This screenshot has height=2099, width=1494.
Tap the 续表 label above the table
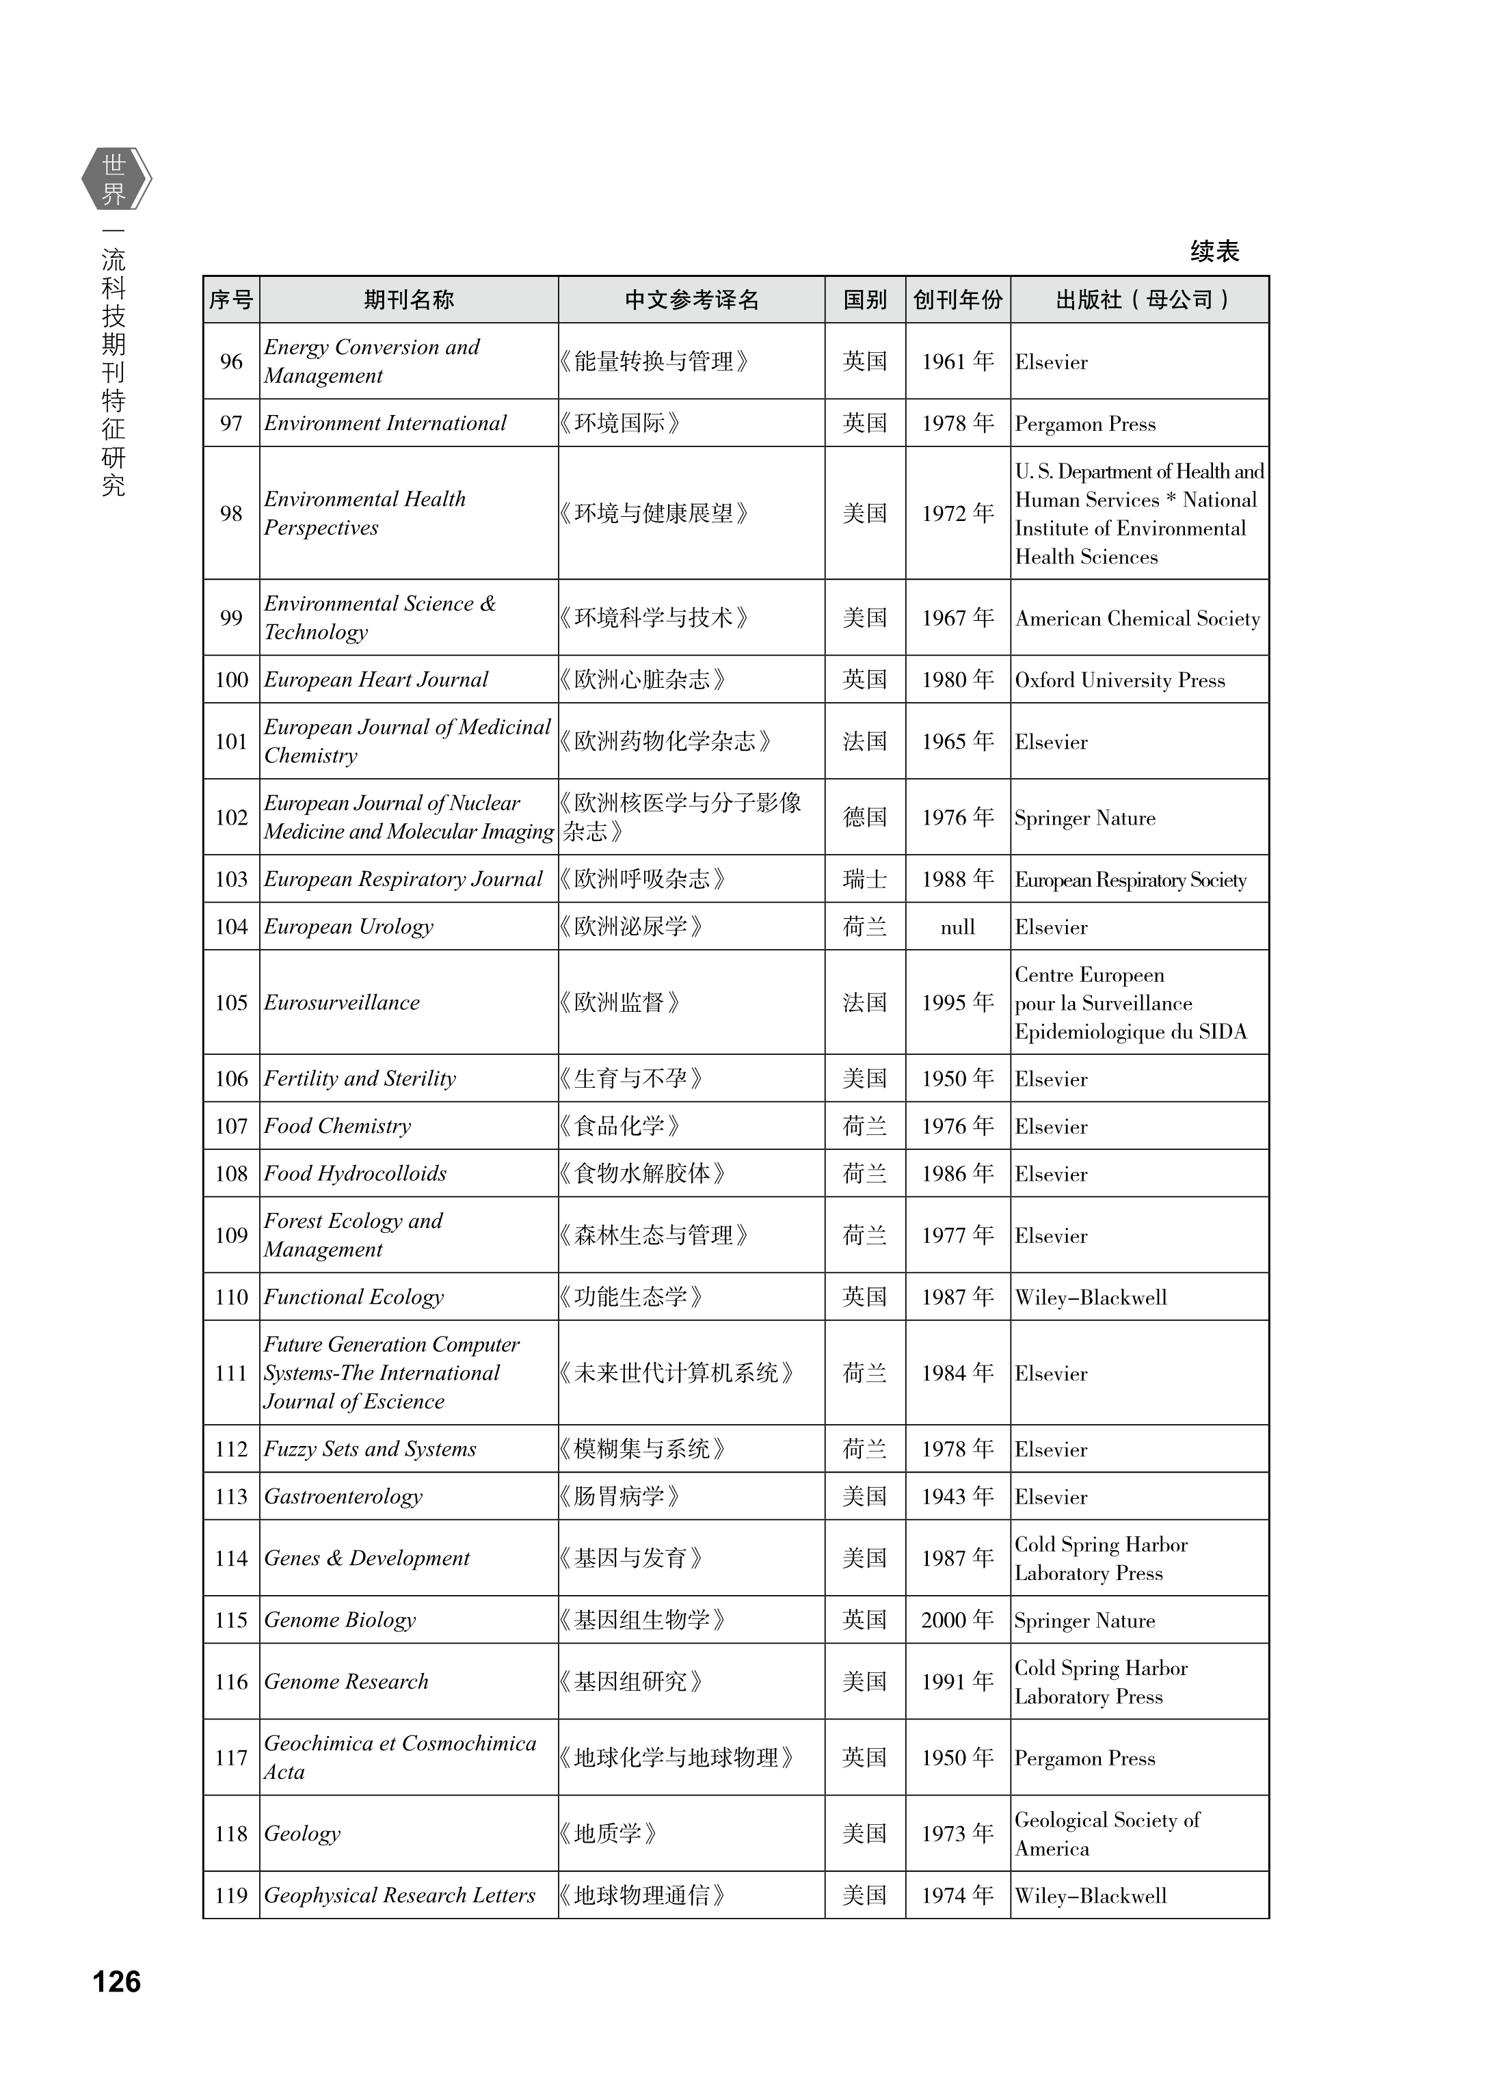pyautogui.click(x=1214, y=251)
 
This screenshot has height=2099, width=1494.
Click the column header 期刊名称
pyautogui.click(x=408, y=300)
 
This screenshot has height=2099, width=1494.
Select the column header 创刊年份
pyautogui.click(x=958, y=300)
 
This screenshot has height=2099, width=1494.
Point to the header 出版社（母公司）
pyautogui.click(x=1140, y=300)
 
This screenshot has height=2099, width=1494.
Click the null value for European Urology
pyautogui.click(x=958, y=927)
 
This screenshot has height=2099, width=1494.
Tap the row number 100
pyautogui.click(x=232, y=680)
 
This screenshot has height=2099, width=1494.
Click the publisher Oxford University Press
pyautogui.click(x=1119, y=681)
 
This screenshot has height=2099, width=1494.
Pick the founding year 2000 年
pyautogui.click(x=958, y=1620)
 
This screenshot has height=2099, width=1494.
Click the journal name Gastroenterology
pyautogui.click(x=343, y=1497)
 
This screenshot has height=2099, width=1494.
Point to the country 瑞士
pyautogui.click(x=865, y=879)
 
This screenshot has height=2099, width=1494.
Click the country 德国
pyautogui.click(x=865, y=818)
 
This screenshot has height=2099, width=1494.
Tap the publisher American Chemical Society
pyautogui.click(x=1137, y=619)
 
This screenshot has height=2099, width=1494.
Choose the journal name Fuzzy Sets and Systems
pyautogui.click(x=370, y=1449)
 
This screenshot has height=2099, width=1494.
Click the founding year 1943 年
pyautogui.click(x=958, y=1497)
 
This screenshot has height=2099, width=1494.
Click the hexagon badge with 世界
pyautogui.click(x=114, y=179)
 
